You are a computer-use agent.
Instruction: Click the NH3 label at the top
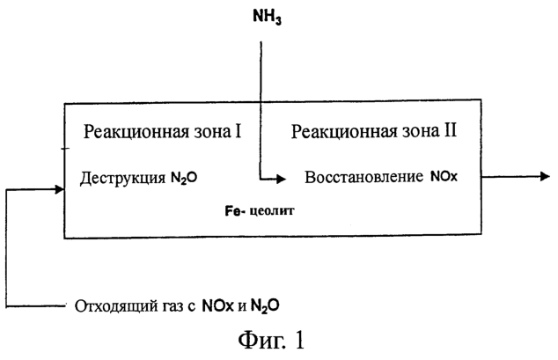267,17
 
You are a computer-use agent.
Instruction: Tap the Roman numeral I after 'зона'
238,130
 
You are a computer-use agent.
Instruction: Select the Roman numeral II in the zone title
450,130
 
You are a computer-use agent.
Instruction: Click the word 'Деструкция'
122,178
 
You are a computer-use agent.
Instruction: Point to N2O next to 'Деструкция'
184,178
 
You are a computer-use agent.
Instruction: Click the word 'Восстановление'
363,177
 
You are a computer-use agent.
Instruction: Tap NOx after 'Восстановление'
444,176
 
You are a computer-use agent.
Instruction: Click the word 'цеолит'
272,211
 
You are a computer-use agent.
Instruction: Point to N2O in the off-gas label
265,305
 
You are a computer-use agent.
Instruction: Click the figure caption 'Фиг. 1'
271,340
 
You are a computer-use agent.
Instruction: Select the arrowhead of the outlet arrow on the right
545,176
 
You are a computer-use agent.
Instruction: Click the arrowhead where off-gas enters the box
60,189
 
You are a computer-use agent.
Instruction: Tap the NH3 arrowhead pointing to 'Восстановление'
282,179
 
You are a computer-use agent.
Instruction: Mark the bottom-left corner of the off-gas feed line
6,306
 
